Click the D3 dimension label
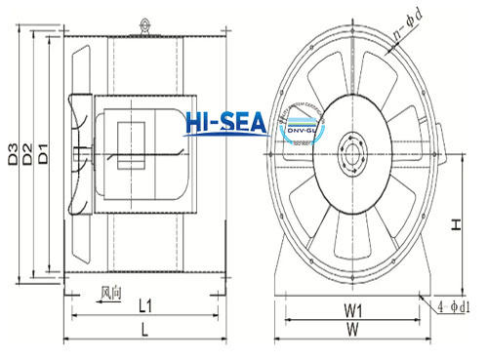tap(13, 154)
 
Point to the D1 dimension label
tap(43, 154)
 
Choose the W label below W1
tap(354, 331)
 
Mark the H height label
tap(457, 223)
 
